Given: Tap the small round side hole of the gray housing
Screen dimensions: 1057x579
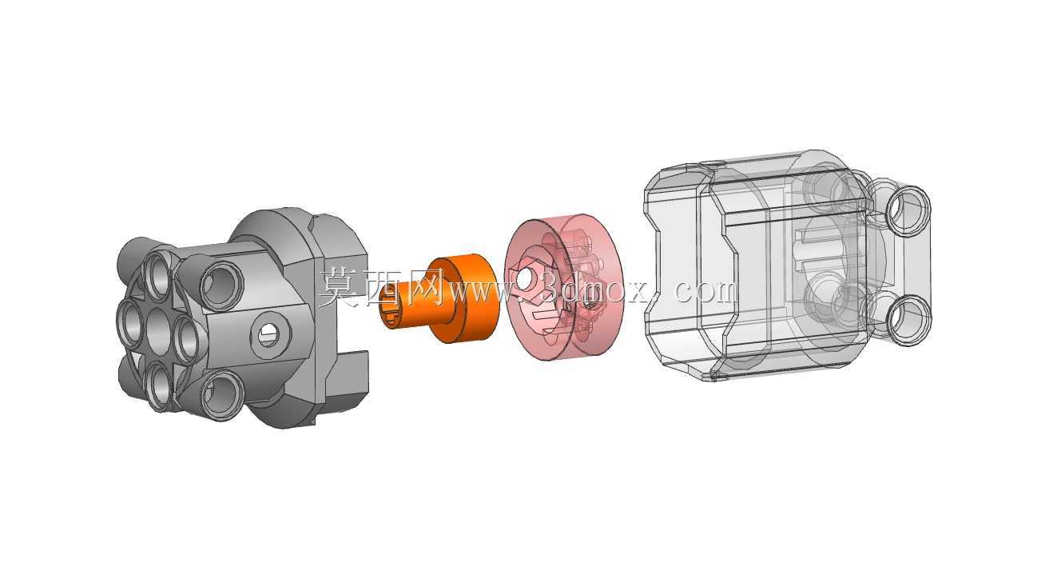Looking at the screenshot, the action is (270, 334).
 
